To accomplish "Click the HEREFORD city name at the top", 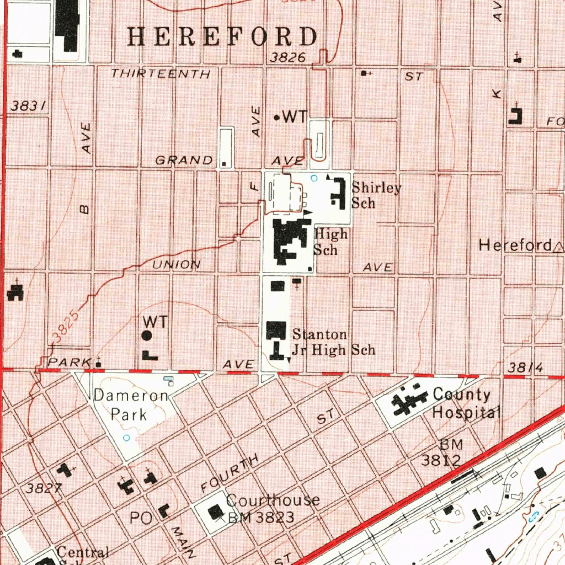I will (x=223, y=36).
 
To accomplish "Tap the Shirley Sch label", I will (x=376, y=195).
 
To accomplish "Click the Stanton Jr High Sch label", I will (x=333, y=342).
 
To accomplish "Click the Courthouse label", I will (x=273, y=500).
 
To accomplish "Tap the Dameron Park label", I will (x=131, y=404).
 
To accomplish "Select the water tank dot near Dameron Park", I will (x=147, y=335).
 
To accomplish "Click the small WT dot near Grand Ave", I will (x=277, y=118).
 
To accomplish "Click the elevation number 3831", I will (x=28, y=106).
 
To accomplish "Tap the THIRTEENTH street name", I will (x=161, y=73).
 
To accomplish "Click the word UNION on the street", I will (x=177, y=265).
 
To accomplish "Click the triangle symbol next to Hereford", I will (x=558, y=246).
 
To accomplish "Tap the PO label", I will (x=140, y=518).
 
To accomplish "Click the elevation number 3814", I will (x=526, y=368).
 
